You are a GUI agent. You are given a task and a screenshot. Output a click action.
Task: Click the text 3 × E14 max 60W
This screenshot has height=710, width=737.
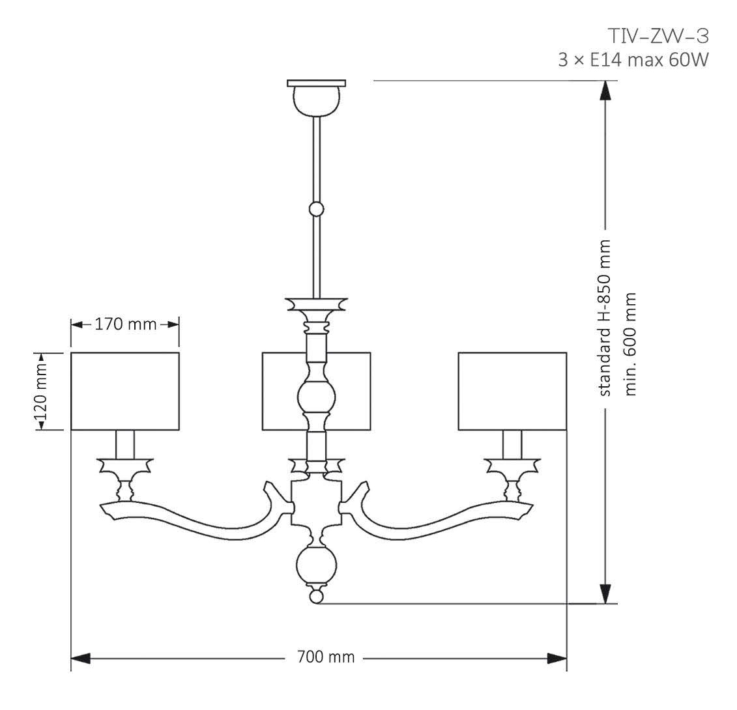pyautogui.click(x=633, y=60)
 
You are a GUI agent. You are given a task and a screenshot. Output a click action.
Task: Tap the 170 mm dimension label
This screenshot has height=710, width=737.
pyautogui.click(x=125, y=324)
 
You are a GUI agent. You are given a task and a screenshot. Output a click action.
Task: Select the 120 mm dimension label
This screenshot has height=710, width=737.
pyautogui.click(x=41, y=391)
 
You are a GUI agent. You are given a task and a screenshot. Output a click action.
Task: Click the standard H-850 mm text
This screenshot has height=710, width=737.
pyautogui.click(x=605, y=318)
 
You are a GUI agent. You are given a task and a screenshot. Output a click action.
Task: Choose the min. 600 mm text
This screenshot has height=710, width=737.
pyautogui.click(x=630, y=343)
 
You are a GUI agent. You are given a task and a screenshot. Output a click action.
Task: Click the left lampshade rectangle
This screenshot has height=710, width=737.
pyautogui.click(x=125, y=391)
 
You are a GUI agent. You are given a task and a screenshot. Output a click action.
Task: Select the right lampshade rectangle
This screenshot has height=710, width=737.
pyautogui.click(x=512, y=391)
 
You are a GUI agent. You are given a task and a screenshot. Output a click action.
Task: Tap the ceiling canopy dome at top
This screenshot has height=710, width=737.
pyautogui.click(x=317, y=98)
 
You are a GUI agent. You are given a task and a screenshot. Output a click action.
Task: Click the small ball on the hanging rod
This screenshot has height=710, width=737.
pyautogui.click(x=317, y=209)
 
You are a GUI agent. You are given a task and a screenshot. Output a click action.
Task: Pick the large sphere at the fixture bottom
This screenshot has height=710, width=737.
pyautogui.click(x=317, y=564)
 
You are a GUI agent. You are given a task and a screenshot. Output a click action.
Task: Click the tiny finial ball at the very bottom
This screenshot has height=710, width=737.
pyautogui.click(x=317, y=595)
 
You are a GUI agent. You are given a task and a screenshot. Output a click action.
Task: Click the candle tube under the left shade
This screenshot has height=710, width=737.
pyautogui.click(x=125, y=444)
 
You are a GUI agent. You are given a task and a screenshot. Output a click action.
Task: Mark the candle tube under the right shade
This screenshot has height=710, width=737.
pyautogui.click(x=512, y=444)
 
